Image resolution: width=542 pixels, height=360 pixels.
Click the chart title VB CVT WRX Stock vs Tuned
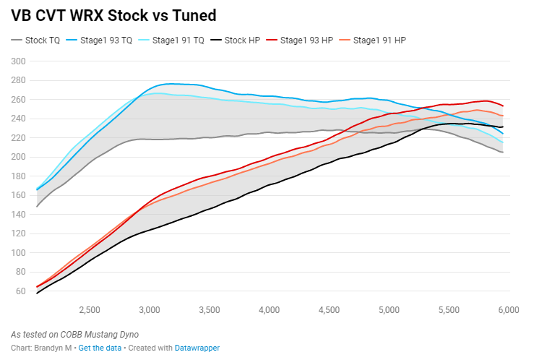pos(113,15)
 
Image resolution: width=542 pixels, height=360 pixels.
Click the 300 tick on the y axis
pos(19,61)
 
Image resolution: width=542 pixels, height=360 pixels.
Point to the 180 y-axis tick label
pos(19,176)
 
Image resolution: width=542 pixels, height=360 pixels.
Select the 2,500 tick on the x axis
pos(89,310)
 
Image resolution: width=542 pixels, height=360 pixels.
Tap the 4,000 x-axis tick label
pos(268,310)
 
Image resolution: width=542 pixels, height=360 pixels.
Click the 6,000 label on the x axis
pos(508,310)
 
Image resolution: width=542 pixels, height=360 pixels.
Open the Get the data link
pos(100,348)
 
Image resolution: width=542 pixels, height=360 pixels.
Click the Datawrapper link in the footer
pos(197,348)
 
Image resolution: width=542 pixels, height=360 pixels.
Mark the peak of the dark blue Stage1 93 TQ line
pos(171,84)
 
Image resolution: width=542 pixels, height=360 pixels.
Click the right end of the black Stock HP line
pos(503,127)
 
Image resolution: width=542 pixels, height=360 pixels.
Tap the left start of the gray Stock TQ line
pos(37,207)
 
